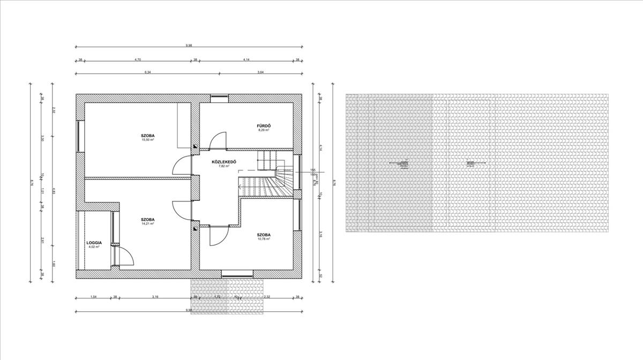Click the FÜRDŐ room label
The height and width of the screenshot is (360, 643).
[x=263, y=125]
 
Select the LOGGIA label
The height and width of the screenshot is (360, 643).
[x=94, y=243]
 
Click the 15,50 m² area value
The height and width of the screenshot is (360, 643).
[x=148, y=140]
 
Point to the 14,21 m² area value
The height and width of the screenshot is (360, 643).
[x=148, y=223]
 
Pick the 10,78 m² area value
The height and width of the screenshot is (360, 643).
[x=263, y=239]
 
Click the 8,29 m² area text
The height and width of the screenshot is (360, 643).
[x=263, y=130]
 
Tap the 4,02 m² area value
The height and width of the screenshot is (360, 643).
[x=94, y=247]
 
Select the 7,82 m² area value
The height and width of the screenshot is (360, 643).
[x=223, y=166]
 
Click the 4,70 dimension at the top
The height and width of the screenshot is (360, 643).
[x=137, y=59]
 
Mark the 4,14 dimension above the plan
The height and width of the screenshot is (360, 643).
[x=246, y=59]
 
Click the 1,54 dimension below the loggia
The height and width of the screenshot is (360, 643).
[x=93, y=296]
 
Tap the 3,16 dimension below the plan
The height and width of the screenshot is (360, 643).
[x=155, y=296]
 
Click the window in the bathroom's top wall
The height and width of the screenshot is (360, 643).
[x=219, y=97]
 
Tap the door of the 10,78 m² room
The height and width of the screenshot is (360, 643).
[x=219, y=235]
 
